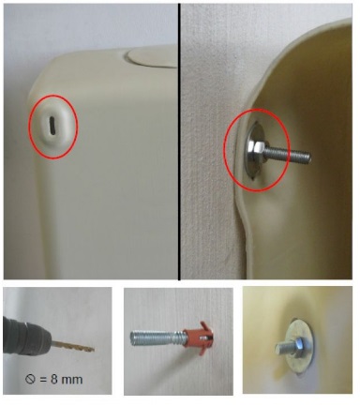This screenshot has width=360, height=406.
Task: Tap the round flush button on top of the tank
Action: pyautogui.click(x=152, y=58)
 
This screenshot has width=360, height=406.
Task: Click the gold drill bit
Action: pyautogui.click(x=73, y=346)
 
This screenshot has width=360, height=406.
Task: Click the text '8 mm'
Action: pyautogui.click(x=67, y=380)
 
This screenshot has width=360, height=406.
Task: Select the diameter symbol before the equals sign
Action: pyautogui.click(x=30, y=380)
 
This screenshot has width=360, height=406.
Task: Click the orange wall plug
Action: pyautogui.click(x=198, y=338)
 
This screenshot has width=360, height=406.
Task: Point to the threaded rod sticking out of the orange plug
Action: pyautogui.click(x=157, y=338)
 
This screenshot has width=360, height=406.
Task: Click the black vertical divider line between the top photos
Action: pyautogui.click(x=179, y=142)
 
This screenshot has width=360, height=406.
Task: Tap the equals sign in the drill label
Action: pyautogui.click(x=43, y=380)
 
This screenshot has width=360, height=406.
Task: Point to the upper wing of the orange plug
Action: pyautogui.click(x=203, y=325)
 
